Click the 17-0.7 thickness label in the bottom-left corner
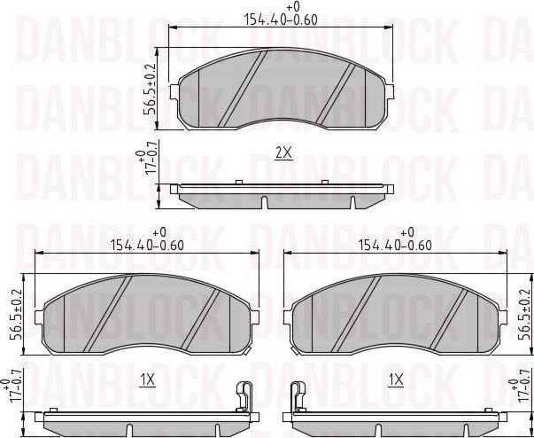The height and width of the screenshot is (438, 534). pyautogui.click(x=12, y=391)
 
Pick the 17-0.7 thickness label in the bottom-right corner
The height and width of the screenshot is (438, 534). pyautogui.click(x=520, y=391)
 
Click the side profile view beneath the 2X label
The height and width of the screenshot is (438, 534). pyautogui.click(x=284, y=193)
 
